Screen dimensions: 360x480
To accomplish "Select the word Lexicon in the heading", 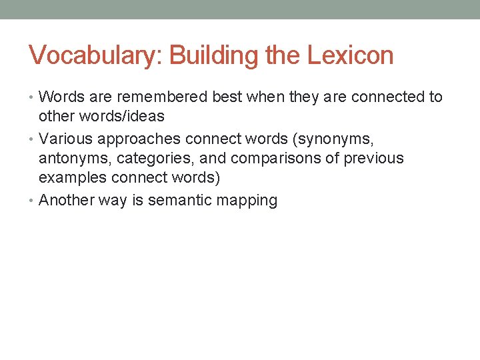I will (x=351, y=55).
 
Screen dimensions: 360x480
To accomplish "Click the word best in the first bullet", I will (x=229, y=97).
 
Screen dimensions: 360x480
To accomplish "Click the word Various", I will (x=66, y=139).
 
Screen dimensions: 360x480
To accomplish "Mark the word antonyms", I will (x=75, y=159).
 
